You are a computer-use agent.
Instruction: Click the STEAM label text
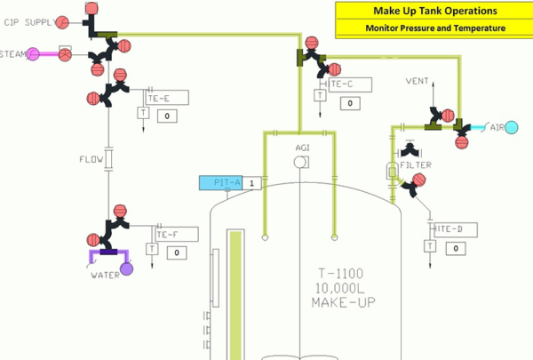coord(12,54)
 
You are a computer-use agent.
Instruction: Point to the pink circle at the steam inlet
coord(32,54)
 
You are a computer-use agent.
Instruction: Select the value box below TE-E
coord(169,116)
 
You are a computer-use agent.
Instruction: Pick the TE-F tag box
coord(173,235)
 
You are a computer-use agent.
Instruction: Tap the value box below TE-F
coord(177,252)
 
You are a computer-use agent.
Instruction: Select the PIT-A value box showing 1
coord(251,183)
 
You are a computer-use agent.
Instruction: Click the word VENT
coord(418,81)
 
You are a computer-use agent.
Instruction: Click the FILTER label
coord(416,165)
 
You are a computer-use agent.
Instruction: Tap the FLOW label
coord(91,161)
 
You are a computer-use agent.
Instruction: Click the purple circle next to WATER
coord(126,268)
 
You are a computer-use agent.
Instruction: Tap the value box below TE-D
coord(456,248)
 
